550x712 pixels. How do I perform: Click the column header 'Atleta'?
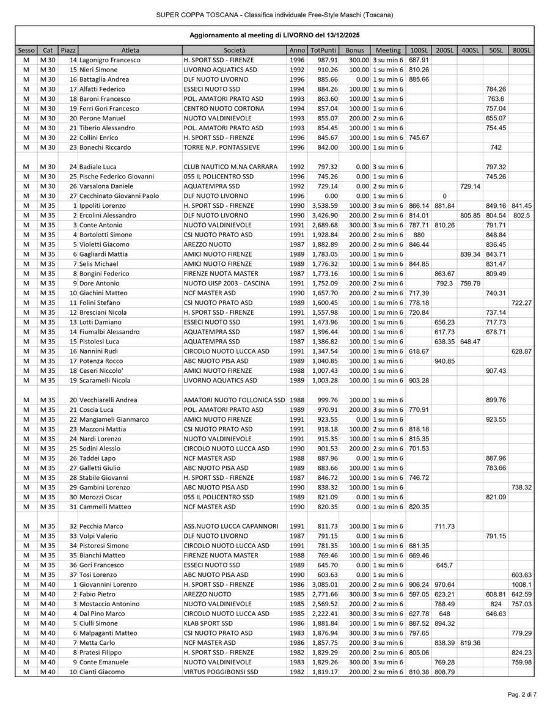pyautogui.click(x=130, y=50)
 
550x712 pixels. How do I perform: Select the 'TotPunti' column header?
pyautogui.click(x=323, y=50)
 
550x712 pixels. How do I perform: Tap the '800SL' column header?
pyautogui.click(x=521, y=50)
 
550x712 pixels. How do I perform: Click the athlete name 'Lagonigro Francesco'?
pyautogui.click(x=110, y=60)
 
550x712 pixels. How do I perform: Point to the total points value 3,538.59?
pyautogui.click(x=323, y=206)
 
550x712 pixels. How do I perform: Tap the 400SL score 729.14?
pyautogui.click(x=470, y=186)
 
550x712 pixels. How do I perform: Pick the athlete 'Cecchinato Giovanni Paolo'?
pyautogui.click(x=119, y=196)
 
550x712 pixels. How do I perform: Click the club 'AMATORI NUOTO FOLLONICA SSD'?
pyautogui.click(x=235, y=400)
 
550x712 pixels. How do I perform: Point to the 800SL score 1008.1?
pyautogui.click(x=521, y=584)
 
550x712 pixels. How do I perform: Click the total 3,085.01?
pyautogui.click(x=323, y=584)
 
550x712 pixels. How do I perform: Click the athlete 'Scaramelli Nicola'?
pyautogui.click(x=105, y=381)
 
